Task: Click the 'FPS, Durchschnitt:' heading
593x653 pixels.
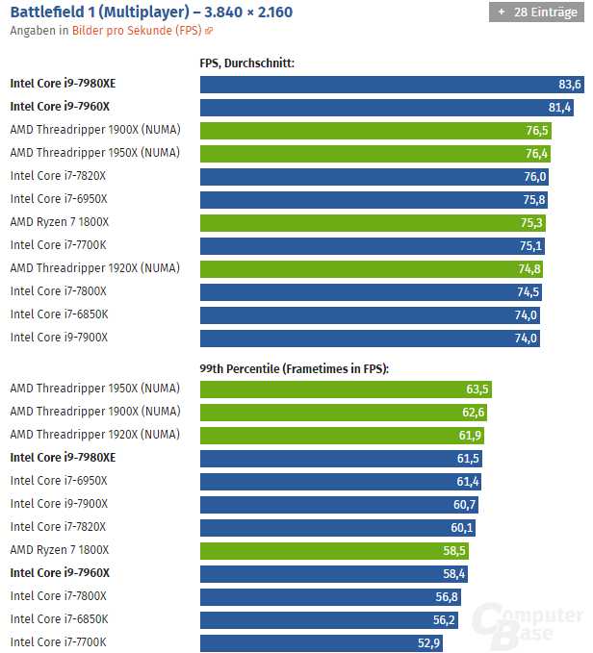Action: click(x=246, y=63)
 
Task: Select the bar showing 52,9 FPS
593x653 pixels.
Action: click(x=322, y=642)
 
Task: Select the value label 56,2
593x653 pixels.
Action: click(x=444, y=619)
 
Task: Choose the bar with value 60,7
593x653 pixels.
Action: click(x=340, y=504)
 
